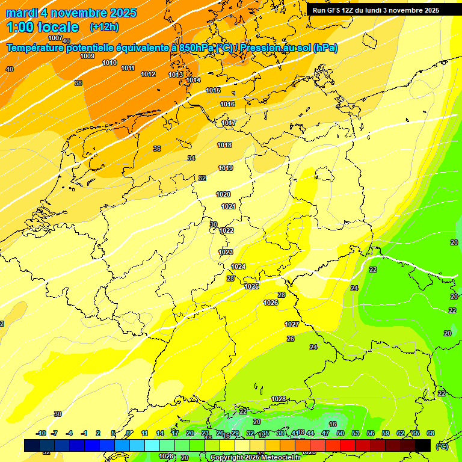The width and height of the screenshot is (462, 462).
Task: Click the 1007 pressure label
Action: (55, 38)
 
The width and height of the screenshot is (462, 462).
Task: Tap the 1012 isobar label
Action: (148, 74)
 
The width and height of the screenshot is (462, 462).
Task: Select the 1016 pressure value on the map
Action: (227, 104)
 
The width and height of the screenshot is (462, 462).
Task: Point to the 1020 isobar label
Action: (223, 194)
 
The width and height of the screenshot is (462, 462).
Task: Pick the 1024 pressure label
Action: (238, 266)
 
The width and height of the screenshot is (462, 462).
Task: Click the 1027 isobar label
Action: (292, 324)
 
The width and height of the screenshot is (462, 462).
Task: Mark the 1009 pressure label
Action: (87, 56)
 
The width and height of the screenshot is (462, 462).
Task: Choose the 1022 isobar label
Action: (226, 230)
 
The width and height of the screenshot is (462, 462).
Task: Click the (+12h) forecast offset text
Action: (104, 27)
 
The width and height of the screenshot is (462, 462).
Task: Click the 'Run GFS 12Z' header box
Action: (375, 10)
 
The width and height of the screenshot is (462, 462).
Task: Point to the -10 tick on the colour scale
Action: (41, 433)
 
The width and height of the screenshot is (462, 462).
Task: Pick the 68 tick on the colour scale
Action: (431, 433)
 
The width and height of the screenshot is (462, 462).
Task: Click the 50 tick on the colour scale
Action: (340, 433)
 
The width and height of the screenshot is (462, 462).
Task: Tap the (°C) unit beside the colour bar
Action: (442, 446)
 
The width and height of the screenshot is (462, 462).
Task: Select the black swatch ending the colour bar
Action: (423, 445)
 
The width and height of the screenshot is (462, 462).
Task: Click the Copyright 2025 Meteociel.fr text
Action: (255, 458)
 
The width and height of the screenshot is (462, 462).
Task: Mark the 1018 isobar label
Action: (224, 145)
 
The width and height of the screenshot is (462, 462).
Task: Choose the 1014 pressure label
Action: (193, 80)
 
